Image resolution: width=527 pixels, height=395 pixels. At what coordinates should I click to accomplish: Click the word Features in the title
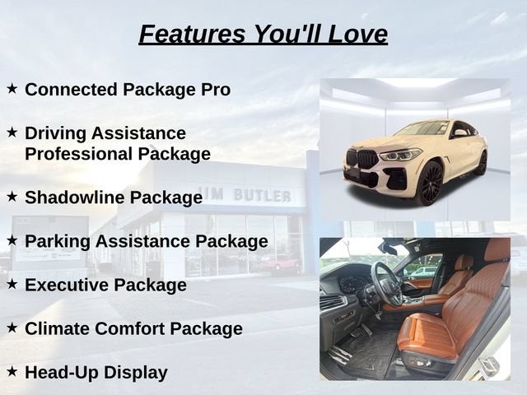(x=192, y=34)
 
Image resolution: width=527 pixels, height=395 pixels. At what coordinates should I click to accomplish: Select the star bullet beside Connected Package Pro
(x=12, y=89)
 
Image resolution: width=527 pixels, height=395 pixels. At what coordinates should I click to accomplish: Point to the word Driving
(x=55, y=133)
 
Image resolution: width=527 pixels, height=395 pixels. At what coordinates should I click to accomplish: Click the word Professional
(x=79, y=154)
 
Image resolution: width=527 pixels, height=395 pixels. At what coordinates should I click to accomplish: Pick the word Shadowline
(x=74, y=197)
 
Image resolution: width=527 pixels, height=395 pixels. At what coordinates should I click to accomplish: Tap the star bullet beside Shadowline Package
(x=12, y=197)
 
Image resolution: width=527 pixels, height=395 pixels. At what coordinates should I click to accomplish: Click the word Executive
(x=68, y=285)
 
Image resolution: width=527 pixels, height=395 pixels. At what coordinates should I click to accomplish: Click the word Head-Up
(x=62, y=373)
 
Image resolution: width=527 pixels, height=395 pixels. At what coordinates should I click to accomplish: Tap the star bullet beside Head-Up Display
(x=12, y=371)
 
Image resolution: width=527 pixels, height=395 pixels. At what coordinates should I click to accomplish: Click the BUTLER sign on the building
(x=262, y=195)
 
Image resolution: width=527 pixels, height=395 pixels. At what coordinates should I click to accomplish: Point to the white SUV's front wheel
(x=431, y=184)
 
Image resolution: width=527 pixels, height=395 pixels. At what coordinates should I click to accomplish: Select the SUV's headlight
(x=400, y=156)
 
